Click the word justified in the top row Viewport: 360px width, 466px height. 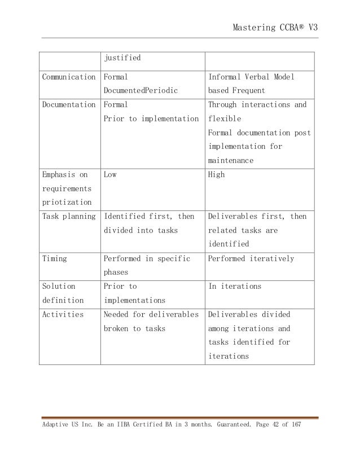point(121,58)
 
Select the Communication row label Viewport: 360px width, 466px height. point(68,76)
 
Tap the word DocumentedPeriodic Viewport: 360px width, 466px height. point(140,90)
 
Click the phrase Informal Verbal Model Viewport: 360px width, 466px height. point(251,76)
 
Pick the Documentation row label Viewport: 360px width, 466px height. point(68,104)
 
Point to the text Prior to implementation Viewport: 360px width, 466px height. point(151,118)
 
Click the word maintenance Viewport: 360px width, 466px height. point(230,161)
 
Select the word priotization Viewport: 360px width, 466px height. point(65,203)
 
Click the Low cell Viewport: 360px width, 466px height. point(110,174)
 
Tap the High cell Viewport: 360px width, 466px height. point(216,174)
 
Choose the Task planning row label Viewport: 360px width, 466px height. point(68,216)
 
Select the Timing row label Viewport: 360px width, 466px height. point(55,258)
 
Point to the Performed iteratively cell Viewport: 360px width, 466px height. point(251,258)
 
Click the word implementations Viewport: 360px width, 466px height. point(134,300)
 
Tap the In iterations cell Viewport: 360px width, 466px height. point(235,286)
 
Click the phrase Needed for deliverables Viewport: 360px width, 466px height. point(151,314)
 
